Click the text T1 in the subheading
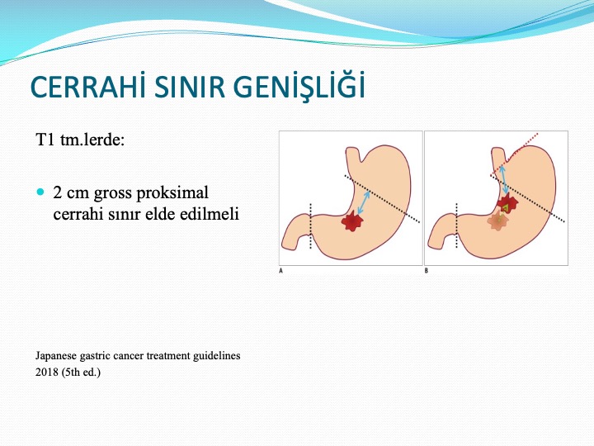point(45,140)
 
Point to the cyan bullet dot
point(40,192)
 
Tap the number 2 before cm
point(58,192)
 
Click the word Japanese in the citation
point(56,356)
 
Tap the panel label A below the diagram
point(280,271)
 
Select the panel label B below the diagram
point(427,271)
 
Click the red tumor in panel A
point(353,222)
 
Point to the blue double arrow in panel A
point(364,203)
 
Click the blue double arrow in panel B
point(504,179)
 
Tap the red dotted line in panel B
point(514,154)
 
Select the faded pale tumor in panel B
point(497,221)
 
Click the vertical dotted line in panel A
point(311,226)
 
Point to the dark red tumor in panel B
point(507,204)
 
